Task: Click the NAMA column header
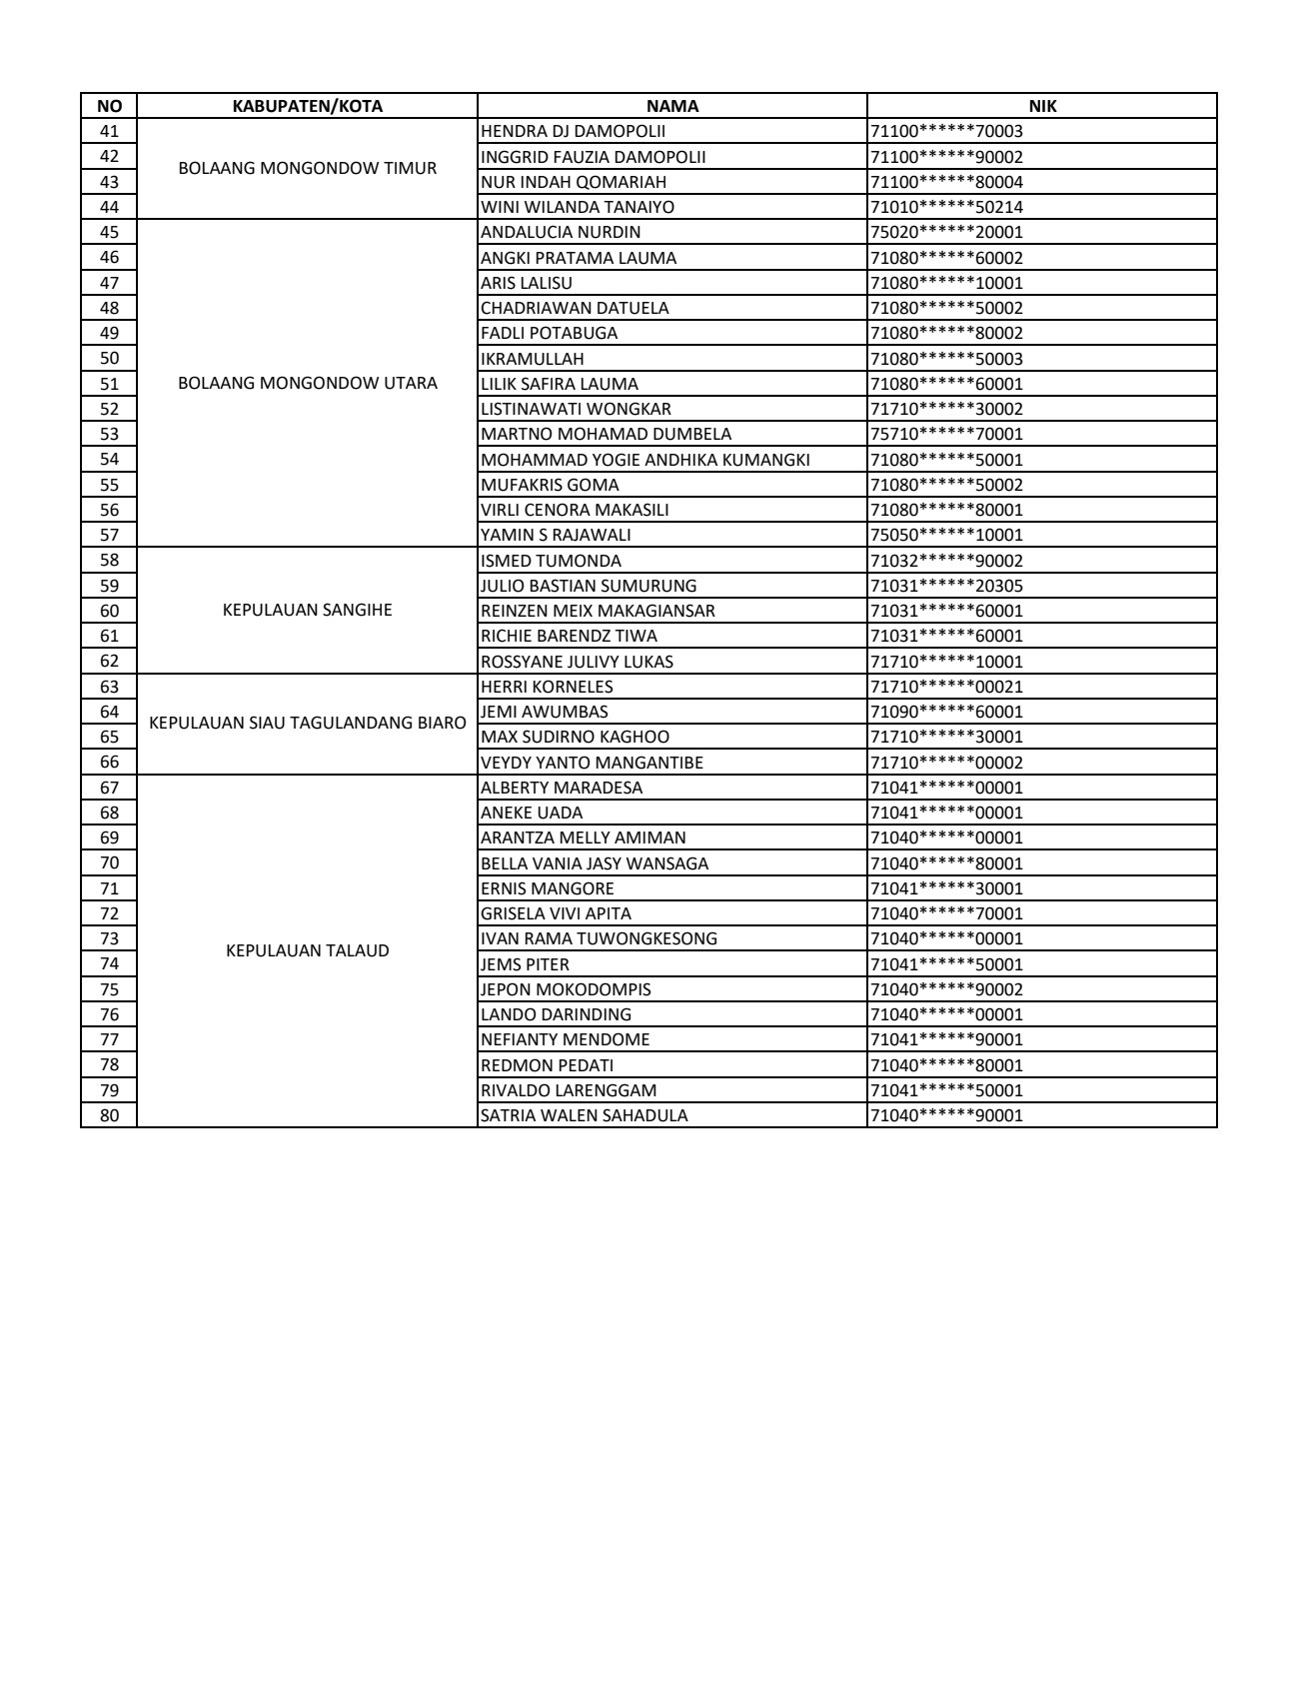(x=671, y=106)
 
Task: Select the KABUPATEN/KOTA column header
(x=307, y=106)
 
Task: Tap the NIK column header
(x=1042, y=106)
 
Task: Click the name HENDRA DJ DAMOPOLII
(x=573, y=131)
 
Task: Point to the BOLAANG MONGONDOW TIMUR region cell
(x=307, y=169)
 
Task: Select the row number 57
(x=109, y=535)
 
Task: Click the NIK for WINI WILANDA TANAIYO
(x=946, y=207)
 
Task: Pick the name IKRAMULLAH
(x=532, y=359)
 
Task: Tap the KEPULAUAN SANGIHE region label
(x=307, y=611)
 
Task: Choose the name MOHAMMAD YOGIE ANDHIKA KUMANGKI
(x=645, y=460)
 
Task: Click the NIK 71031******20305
(x=946, y=586)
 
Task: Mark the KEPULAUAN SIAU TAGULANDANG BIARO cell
(x=307, y=724)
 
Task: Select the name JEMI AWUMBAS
(x=544, y=712)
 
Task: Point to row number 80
(x=109, y=1115)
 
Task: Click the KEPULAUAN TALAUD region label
(x=307, y=950)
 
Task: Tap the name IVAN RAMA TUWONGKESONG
(x=599, y=938)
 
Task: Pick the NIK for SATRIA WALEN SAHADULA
(x=946, y=1115)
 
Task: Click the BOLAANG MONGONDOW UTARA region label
(x=307, y=384)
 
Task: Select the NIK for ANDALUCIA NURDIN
(x=946, y=232)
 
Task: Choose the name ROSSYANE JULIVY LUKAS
(x=577, y=662)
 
